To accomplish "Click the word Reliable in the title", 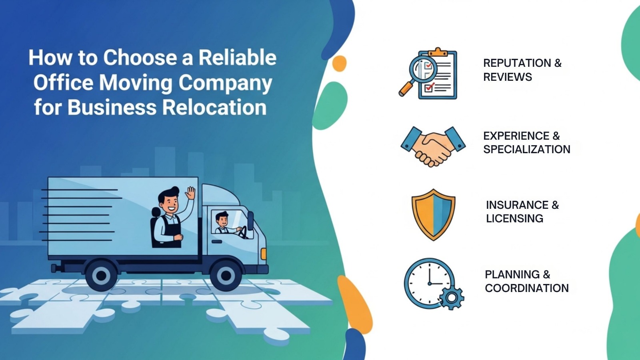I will point(238,58).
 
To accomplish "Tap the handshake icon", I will point(433,146).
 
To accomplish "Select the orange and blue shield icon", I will point(433,214).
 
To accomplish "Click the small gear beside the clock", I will point(452,297).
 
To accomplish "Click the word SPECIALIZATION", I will point(526,150).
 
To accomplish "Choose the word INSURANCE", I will point(517,205).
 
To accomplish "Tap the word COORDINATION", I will point(526,288).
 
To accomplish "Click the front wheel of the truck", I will point(226,275).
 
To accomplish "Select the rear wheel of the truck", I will point(101,275).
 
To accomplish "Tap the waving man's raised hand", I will point(190,193).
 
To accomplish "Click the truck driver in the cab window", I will point(222,223).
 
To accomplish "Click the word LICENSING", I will point(514,219).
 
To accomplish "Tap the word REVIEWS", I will point(507,77).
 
